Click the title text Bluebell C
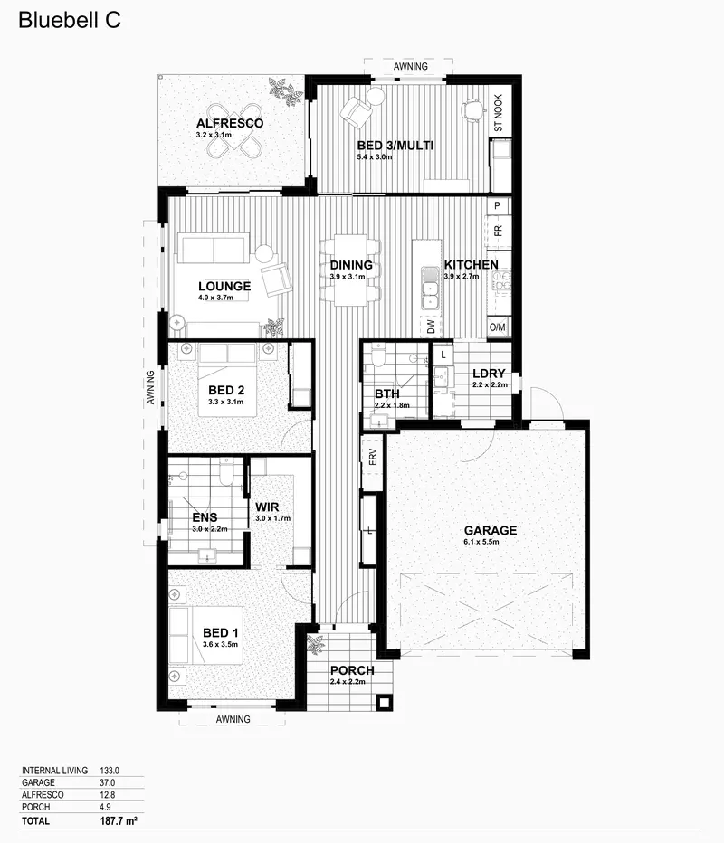(x=70, y=21)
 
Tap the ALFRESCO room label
(x=230, y=123)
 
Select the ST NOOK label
(x=498, y=113)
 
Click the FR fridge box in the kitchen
(x=498, y=232)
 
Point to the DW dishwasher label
(x=431, y=327)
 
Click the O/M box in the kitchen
(x=498, y=327)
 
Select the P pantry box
(x=497, y=205)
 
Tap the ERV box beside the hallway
(x=372, y=458)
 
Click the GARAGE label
(x=490, y=530)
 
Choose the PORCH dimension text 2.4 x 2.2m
(x=348, y=682)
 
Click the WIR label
(x=267, y=507)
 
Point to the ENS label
(x=205, y=517)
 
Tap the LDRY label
(x=489, y=374)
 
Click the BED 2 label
(x=226, y=391)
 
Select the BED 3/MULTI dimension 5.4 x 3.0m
(x=375, y=157)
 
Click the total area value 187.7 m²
(x=119, y=821)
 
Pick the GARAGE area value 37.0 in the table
(x=107, y=782)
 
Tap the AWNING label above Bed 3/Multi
(x=410, y=66)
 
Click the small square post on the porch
(x=384, y=702)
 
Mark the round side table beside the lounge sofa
(x=264, y=254)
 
